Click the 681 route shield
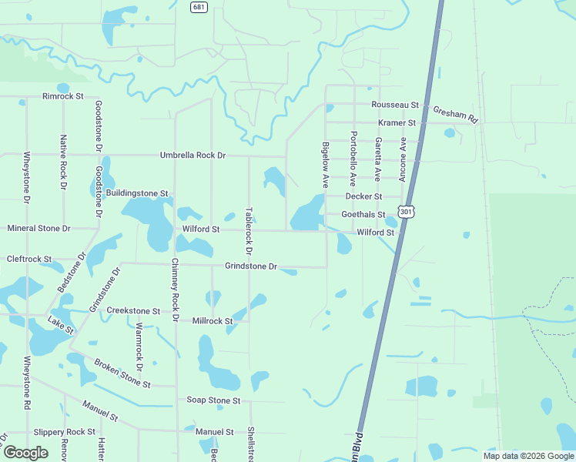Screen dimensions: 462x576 [x=199, y=6]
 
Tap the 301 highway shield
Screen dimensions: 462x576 [x=405, y=211]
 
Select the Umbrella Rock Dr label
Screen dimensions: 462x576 [x=193, y=155]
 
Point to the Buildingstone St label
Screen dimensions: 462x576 [x=137, y=193]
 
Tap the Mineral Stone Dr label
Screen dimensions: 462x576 [x=39, y=229]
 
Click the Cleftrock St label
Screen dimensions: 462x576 [x=28, y=259]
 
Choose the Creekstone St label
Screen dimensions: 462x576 [x=133, y=311]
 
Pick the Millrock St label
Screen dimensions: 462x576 [x=213, y=320]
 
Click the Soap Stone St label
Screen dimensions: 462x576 [x=214, y=400]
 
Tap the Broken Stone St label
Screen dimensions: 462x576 [x=122, y=373]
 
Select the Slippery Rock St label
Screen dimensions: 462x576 [x=65, y=432]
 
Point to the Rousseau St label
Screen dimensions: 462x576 [x=394, y=105]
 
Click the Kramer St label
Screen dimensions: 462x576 [x=397, y=123]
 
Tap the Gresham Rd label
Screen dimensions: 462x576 [x=456, y=115]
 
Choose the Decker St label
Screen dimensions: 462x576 [x=364, y=197]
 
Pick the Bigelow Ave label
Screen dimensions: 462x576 [x=326, y=165]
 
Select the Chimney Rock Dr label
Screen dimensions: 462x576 [x=175, y=290]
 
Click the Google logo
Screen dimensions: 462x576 [x=25, y=453]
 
